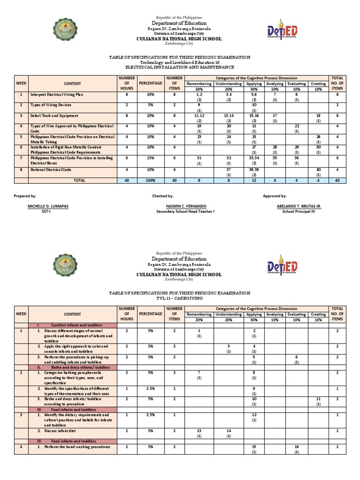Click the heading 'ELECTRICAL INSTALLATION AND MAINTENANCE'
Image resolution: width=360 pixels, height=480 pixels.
pos(180,67)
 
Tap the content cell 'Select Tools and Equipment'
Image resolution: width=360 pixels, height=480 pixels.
pos(54,115)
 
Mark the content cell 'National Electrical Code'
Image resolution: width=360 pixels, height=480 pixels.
pos(51,169)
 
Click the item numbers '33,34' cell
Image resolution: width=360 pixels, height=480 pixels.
pos(254,158)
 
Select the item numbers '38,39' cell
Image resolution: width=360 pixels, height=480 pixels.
pos(254,169)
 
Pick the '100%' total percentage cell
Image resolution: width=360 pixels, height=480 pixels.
pos(150,180)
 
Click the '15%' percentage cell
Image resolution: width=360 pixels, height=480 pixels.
pos(150,158)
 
